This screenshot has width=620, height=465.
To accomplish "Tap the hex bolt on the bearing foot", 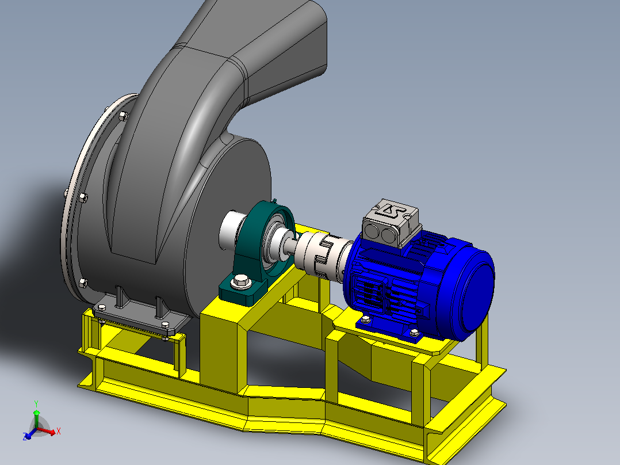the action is point(241,281).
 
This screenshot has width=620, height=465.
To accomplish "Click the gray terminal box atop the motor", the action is point(391,224).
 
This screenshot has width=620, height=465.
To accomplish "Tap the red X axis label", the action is point(58,431).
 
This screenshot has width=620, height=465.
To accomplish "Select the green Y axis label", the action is point(36,403).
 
